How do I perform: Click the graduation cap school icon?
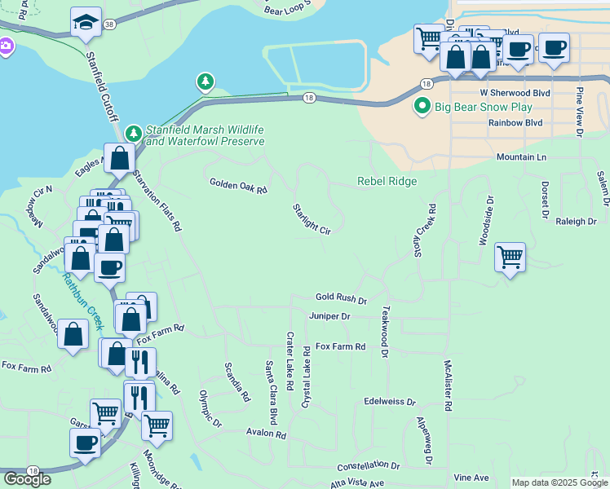point(86,22)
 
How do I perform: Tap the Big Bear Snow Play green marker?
point(422,107)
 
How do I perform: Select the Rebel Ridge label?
point(387,181)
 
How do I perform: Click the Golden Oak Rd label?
point(238,187)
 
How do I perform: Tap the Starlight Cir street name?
point(312,219)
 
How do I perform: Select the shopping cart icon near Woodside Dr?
point(510,258)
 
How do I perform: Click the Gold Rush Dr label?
point(342,300)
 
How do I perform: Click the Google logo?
point(27,478)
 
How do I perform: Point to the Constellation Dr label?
point(367,466)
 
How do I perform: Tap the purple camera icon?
point(6,46)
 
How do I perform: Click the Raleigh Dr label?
point(576,221)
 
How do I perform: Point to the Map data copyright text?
point(559,482)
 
